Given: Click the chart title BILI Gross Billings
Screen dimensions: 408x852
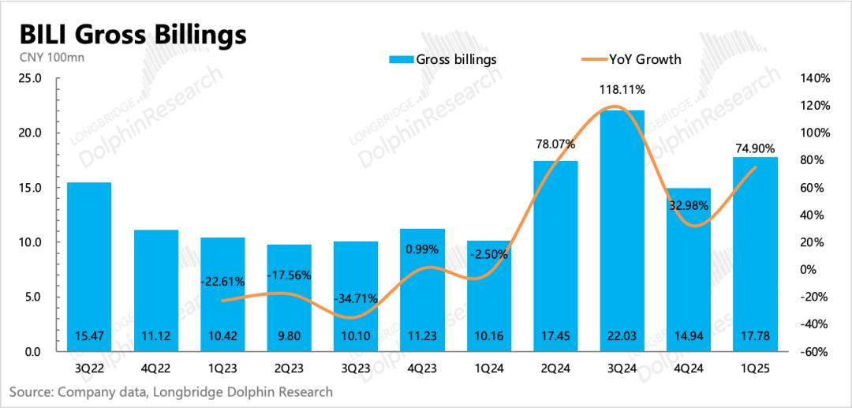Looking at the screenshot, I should [128, 35].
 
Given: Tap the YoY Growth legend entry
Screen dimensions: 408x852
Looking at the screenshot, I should [631, 59].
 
